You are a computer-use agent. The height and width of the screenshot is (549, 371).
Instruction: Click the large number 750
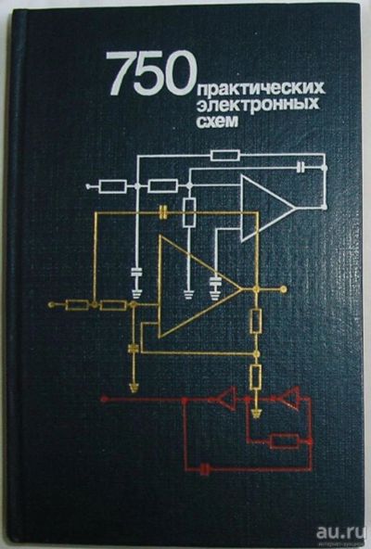[151, 73]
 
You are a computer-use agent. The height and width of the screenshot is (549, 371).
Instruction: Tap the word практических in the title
[262, 90]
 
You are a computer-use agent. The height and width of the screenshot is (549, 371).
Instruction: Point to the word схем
[217, 121]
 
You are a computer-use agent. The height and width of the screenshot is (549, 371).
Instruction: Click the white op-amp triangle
[267, 209]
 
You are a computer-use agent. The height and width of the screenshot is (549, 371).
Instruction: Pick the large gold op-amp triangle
[200, 287]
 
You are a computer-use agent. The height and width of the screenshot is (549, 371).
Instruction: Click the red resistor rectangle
[285, 440]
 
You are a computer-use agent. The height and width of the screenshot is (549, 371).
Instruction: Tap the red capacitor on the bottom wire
[205, 468]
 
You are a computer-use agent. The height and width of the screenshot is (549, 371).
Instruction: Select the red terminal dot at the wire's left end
[103, 399]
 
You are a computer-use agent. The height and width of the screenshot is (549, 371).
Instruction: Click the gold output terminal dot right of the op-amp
[284, 289]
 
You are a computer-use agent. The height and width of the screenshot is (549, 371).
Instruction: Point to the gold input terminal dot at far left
[51, 304]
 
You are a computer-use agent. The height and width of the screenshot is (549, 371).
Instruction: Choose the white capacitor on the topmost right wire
[301, 168]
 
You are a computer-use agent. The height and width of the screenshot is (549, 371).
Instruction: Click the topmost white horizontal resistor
[225, 155]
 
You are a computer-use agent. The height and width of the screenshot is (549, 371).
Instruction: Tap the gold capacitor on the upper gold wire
[162, 212]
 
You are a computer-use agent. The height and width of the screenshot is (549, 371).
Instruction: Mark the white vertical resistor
[189, 211]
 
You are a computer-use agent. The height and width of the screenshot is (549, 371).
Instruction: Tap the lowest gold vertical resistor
[256, 377]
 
